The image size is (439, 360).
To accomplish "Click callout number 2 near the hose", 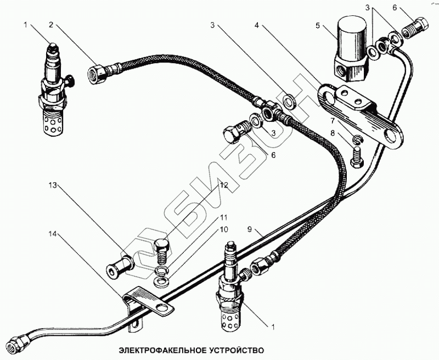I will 50,24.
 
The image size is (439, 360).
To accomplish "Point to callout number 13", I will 52,186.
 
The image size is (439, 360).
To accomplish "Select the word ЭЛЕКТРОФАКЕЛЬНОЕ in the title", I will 157,350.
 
